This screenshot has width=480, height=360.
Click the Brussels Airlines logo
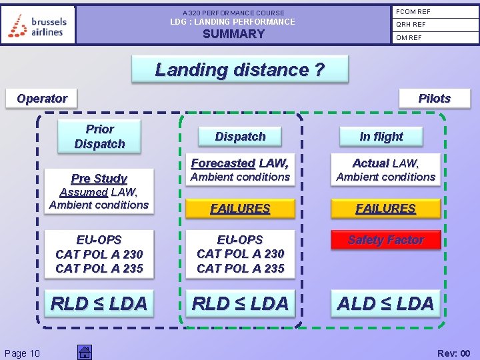(x=38, y=25)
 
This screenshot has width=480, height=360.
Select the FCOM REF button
(x=434, y=11)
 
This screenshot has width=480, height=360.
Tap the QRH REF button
(x=434, y=25)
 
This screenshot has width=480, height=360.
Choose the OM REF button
(x=434, y=38)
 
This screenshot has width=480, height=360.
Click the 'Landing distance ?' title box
(x=239, y=69)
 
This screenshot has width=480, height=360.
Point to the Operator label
(x=42, y=99)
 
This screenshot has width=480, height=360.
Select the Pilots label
(x=434, y=99)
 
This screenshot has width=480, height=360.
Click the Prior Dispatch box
(x=99, y=136)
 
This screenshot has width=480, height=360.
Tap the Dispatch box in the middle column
(x=240, y=137)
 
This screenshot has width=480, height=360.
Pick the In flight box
(x=381, y=137)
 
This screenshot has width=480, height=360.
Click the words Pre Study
(x=99, y=178)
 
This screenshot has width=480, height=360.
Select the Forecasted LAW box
(x=240, y=169)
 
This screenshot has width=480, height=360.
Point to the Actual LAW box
(x=385, y=169)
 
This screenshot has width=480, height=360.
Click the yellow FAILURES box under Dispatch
(x=240, y=209)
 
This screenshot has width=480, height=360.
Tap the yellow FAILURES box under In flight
(x=385, y=209)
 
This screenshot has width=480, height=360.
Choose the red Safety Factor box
(x=385, y=240)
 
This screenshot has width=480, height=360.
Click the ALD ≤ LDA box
(x=385, y=303)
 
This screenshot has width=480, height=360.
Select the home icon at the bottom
(x=85, y=352)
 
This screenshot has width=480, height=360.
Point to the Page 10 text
(x=22, y=353)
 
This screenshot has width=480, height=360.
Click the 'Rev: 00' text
(x=453, y=353)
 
